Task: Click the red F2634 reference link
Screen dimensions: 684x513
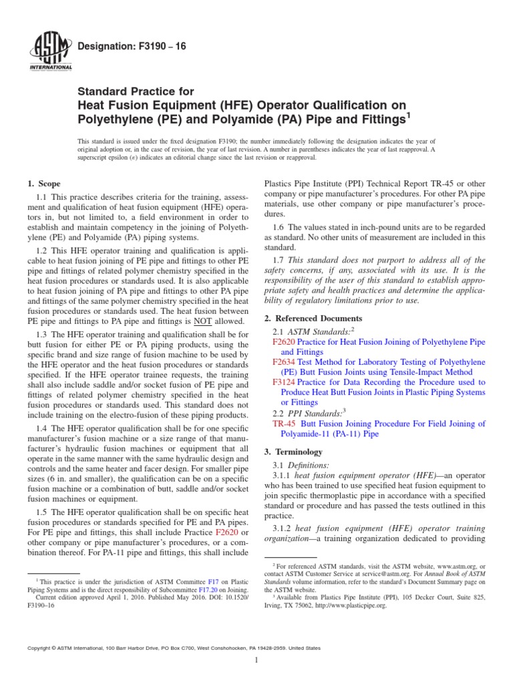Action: (x=283, y=361)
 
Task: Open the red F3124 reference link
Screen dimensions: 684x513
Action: (x=283, y=382)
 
